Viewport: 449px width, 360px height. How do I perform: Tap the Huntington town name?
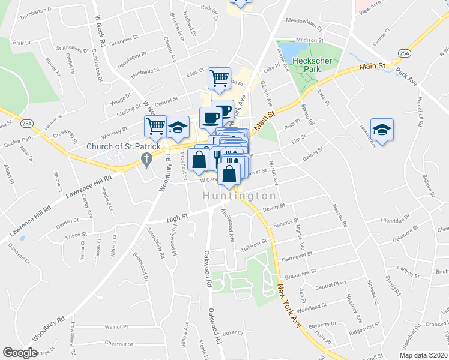tap(239, 196)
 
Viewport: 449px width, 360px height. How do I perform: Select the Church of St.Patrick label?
tap(116, 146)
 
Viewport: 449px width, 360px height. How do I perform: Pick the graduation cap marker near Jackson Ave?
tap(381, 130)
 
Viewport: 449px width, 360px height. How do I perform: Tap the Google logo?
tap(20, 353)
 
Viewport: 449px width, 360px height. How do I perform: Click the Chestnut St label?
tap(118, 344)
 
